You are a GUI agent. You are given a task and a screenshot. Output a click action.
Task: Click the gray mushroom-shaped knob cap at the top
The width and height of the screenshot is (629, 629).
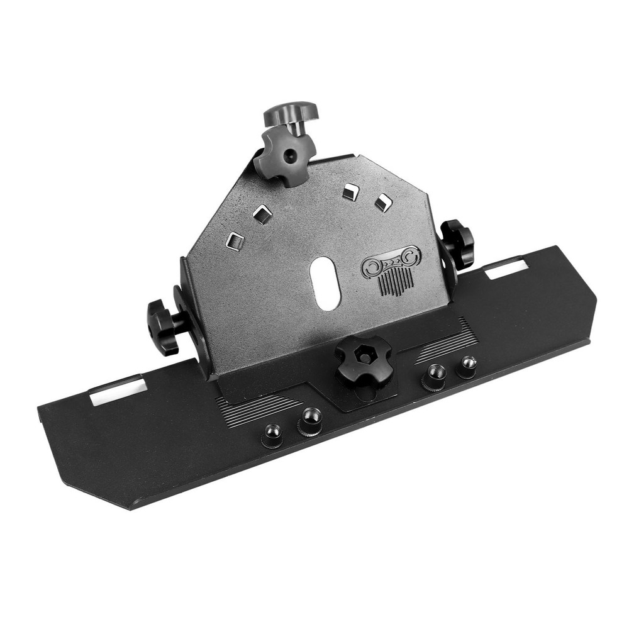[291, 113]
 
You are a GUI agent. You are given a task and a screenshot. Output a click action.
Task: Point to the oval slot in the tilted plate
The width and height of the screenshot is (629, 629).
[325, 283]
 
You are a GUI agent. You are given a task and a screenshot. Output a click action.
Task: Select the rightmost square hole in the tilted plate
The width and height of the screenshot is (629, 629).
[383, 203]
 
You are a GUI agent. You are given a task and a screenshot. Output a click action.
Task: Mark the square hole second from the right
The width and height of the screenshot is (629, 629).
[350, 191]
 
